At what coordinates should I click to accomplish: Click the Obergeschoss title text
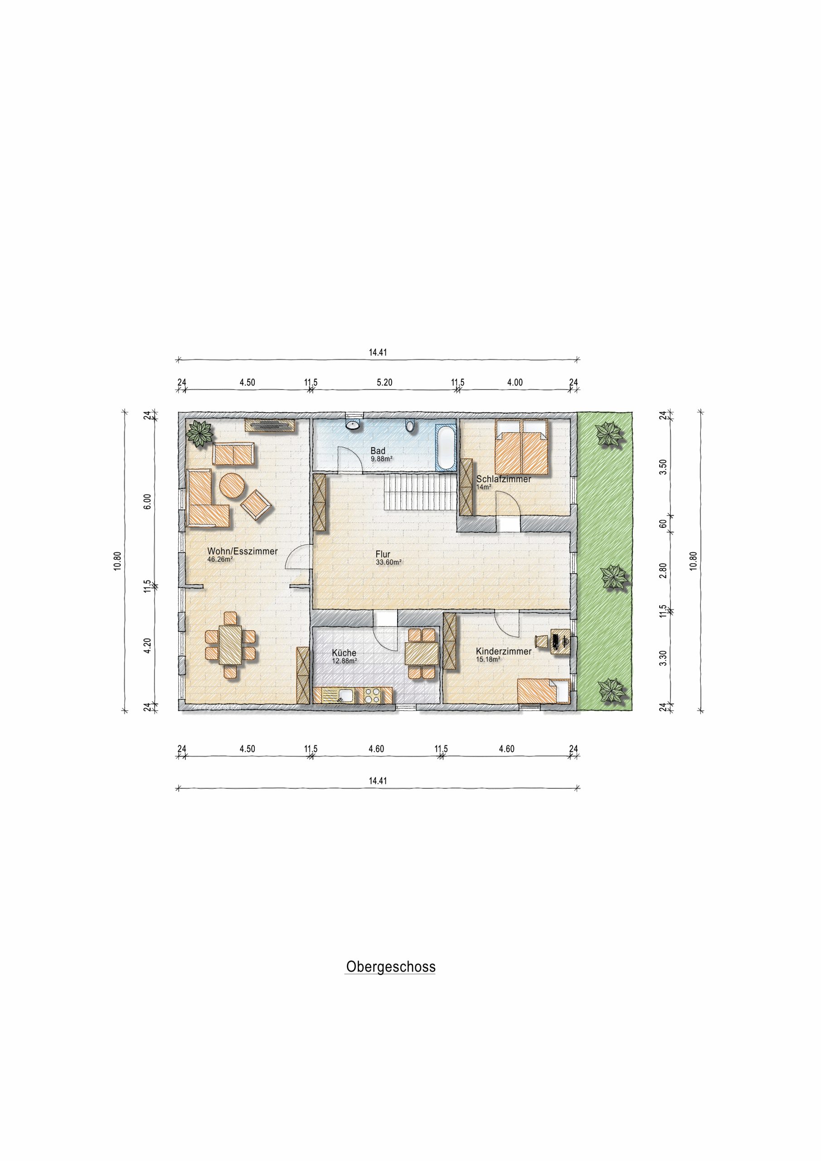click(390, 967)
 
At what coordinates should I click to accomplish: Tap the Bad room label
click(378, 450)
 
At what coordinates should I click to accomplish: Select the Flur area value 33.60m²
click(388, 562)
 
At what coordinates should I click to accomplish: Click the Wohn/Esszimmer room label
click(242, 551)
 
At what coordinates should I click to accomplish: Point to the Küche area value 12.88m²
click(344, 660)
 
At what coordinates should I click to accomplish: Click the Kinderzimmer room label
click(504, 651)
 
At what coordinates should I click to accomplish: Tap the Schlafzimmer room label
click(504, 479)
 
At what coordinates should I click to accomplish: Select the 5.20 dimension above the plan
click(385, 383)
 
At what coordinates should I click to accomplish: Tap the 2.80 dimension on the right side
click(663, 570)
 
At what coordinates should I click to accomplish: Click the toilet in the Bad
click(410, 426)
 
